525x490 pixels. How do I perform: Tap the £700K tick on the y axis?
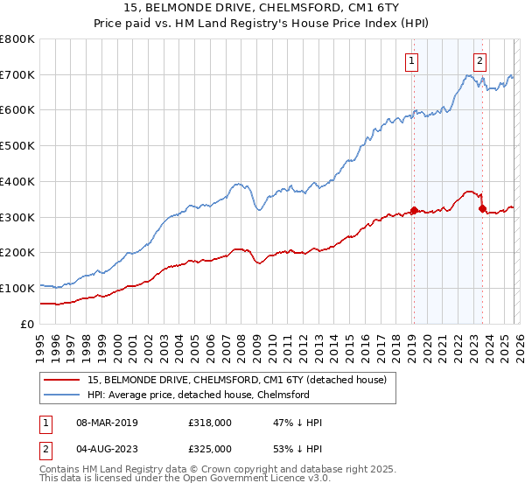(x=17, y=75)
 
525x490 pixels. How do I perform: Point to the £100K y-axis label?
(x=17, y=288)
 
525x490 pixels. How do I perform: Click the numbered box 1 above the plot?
(x=411, y=60)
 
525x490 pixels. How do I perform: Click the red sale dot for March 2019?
(x=414, y=210)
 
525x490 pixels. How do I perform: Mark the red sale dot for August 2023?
(x=482, y=208)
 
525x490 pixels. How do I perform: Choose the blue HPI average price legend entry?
(x=199, y=395)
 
